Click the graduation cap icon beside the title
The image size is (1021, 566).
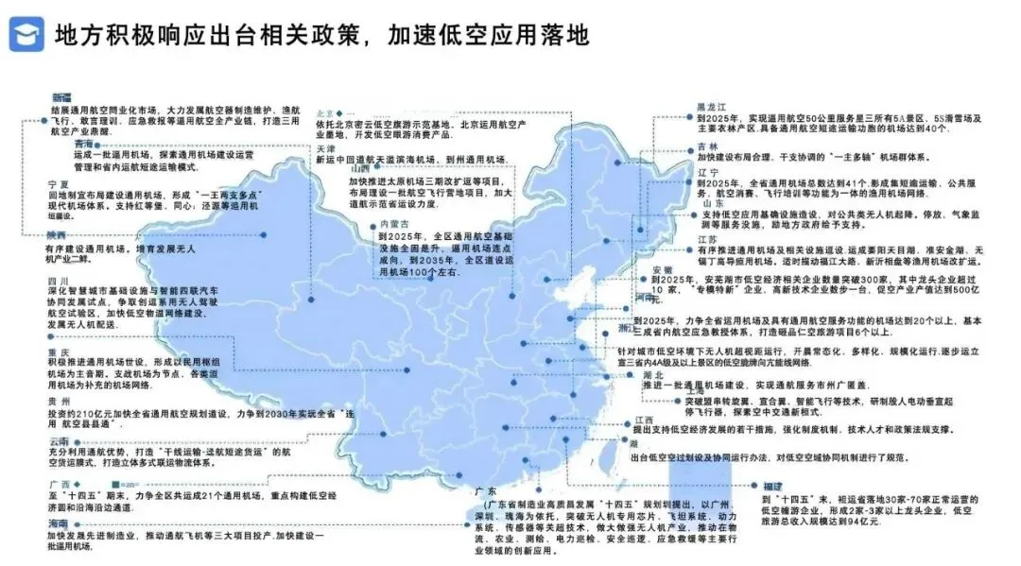(26, 35)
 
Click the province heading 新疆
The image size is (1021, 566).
(61, 97)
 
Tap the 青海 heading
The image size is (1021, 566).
(84, 144)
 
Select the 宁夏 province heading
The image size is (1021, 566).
(58, 182)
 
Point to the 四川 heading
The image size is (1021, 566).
(56, 281)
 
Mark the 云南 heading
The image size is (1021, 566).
(58, 441)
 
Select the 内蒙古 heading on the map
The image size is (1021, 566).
(393, 223)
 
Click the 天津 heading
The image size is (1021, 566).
(325, 148)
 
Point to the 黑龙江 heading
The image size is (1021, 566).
(710, 106)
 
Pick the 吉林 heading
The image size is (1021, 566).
(707, 146)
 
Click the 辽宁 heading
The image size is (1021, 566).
(707, 172)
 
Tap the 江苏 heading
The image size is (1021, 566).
(708, 240)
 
